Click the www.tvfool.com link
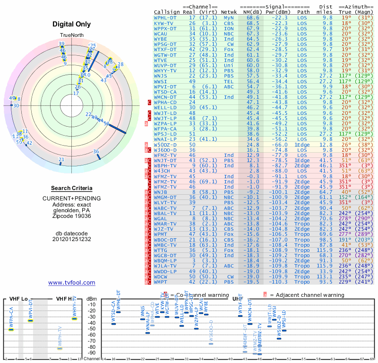click(72, 283)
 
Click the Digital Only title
click(72, 24)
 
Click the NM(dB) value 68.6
click(252, 17)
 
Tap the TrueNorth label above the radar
click(72, 36)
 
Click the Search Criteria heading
click(72, 188)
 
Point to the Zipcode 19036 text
click(72, 216)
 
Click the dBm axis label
click(91, 298)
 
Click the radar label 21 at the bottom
click(61, 160)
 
